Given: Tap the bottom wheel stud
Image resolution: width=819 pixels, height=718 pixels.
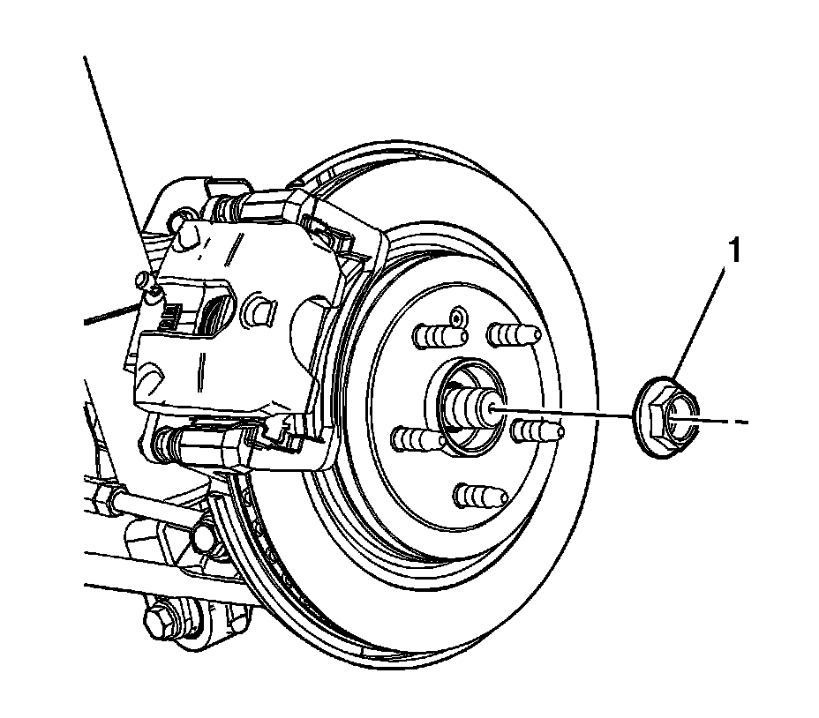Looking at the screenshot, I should click(476, 492).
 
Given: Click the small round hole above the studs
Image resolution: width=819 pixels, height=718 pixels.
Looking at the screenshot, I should click(456, 314).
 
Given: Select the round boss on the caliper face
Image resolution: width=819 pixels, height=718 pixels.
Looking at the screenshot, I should click(259, 310).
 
